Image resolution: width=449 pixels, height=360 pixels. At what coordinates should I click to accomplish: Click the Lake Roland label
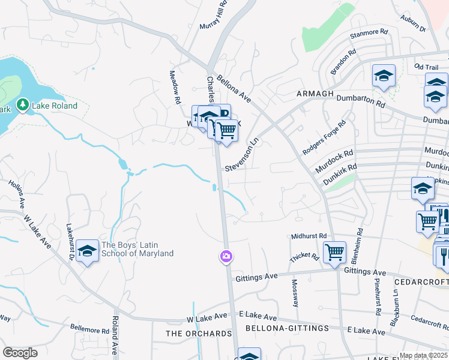point(55,106)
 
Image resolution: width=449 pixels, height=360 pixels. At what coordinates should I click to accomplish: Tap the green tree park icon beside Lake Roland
point(23,105)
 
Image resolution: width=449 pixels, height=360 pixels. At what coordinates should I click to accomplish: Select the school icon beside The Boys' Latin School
point(87,251)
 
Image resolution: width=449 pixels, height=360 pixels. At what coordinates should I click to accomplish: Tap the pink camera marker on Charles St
point(226,257)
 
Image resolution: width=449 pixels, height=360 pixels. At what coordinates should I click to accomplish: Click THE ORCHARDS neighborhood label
point(199,334)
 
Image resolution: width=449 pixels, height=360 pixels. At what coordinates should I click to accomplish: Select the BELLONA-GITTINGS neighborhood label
point(287,328)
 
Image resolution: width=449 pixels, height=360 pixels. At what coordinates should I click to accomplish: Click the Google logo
point(20,353)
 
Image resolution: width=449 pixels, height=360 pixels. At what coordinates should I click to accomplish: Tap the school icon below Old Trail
point(384,76)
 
